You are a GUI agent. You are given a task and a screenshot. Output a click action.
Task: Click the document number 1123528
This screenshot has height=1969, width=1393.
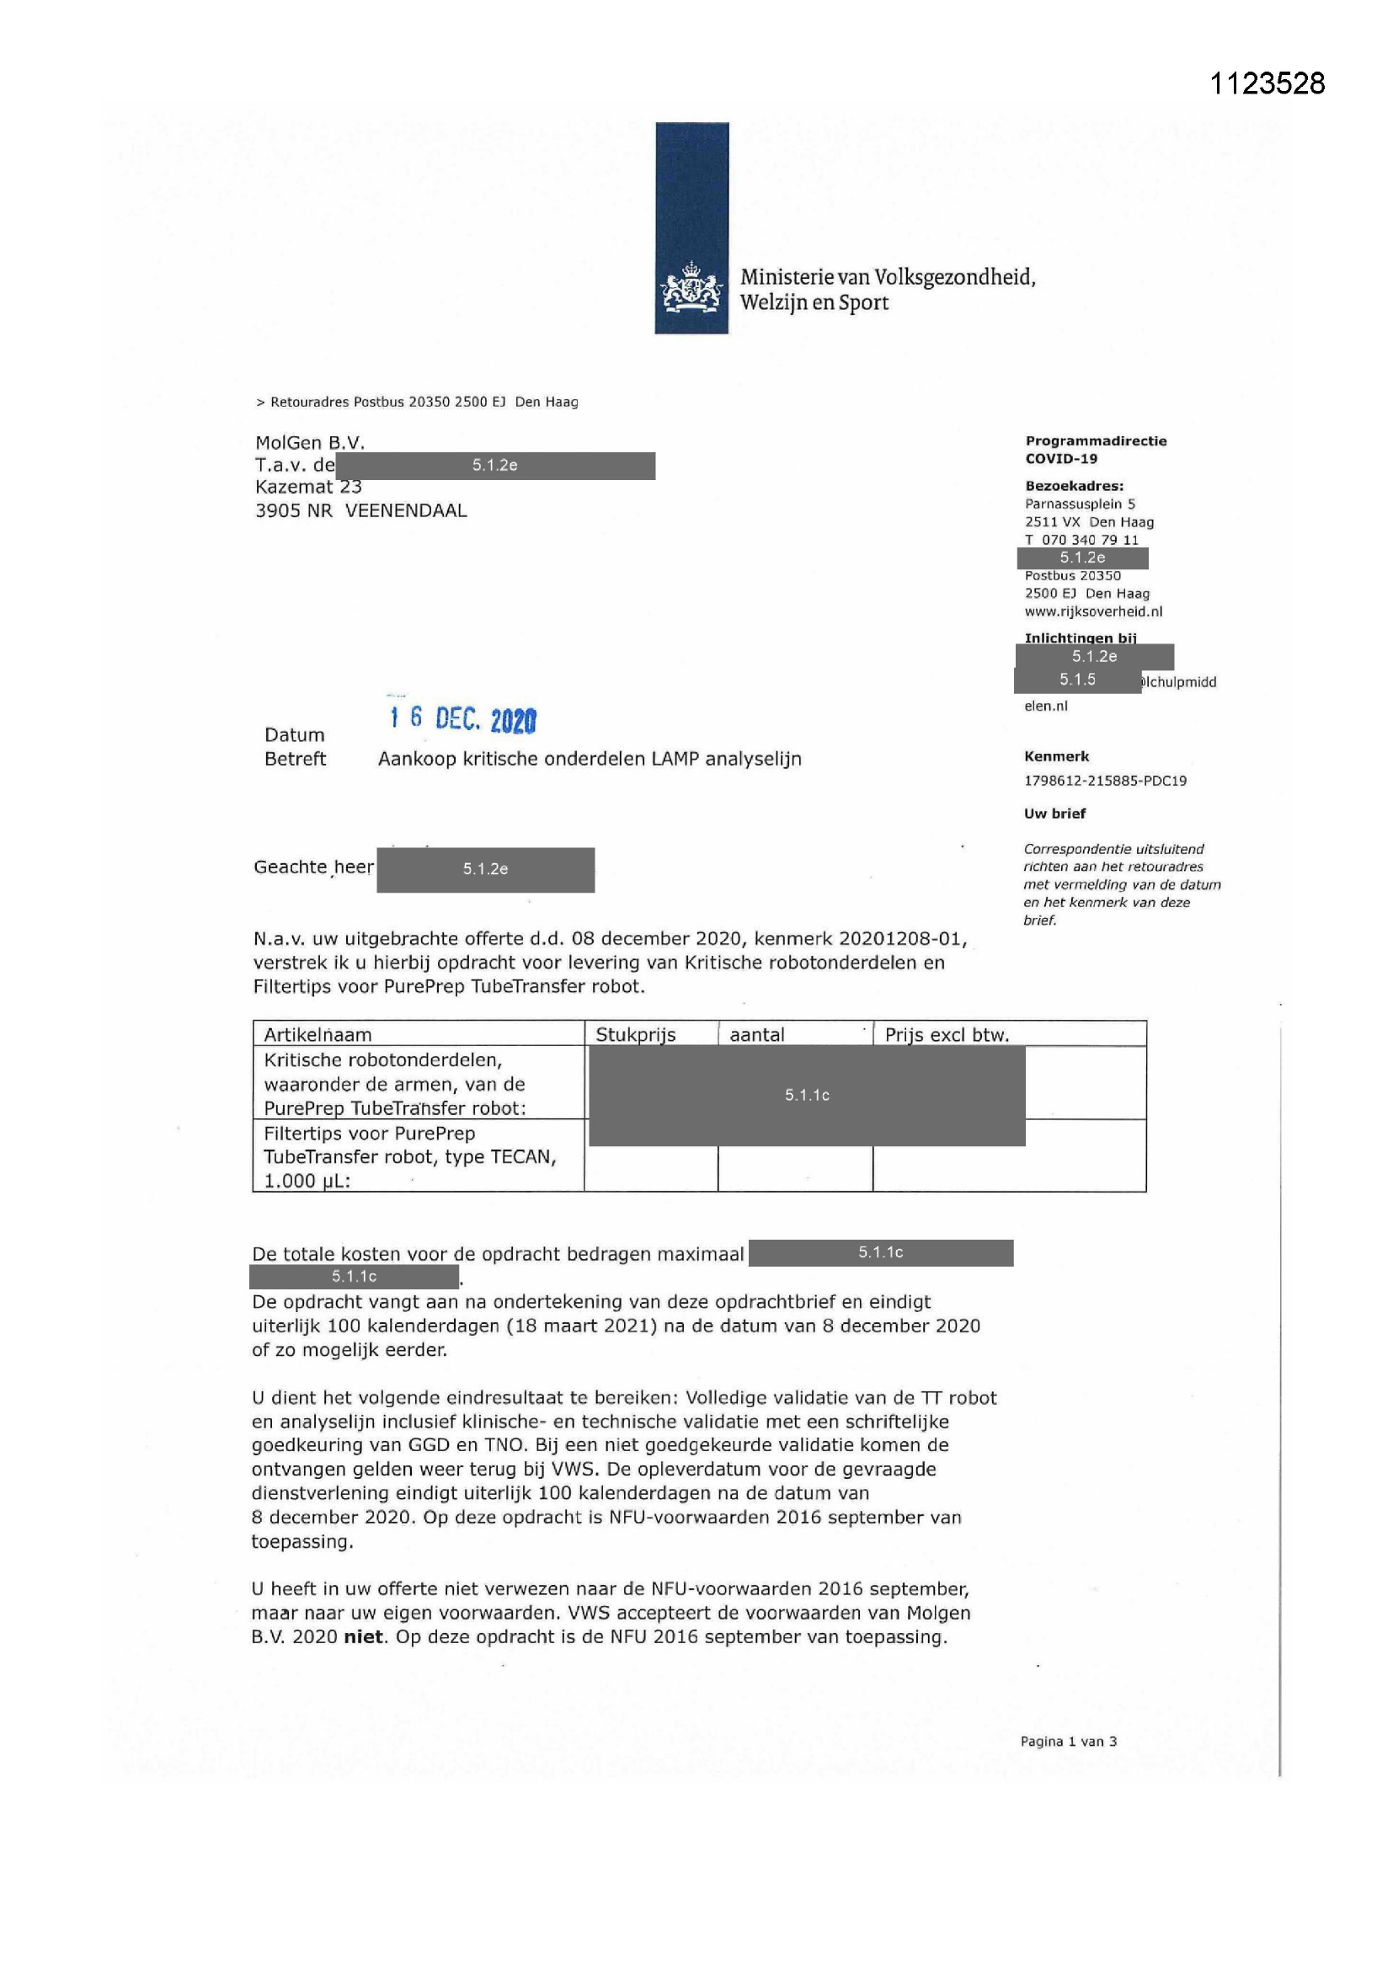point(1267,83)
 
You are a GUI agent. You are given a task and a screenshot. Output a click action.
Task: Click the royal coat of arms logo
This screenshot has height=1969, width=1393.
point(691,289)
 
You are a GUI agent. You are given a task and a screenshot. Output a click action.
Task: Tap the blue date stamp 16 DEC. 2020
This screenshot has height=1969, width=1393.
point(462,718)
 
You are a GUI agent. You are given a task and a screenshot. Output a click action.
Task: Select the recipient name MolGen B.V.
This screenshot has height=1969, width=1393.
point(310,442)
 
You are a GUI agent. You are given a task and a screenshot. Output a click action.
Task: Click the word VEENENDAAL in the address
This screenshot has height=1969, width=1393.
point(406,510)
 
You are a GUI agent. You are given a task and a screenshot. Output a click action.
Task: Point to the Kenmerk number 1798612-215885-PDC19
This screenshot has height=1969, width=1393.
point(1105,781)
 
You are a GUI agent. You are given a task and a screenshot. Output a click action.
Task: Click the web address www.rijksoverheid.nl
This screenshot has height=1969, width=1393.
point(1094,611)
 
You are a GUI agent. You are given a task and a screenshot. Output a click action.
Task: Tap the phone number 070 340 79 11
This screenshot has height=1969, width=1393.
point(1089,540)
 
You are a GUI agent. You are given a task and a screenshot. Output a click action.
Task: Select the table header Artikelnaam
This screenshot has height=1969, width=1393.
point(318,1034)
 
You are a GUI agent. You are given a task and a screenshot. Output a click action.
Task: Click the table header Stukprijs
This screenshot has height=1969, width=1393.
point(636,1034)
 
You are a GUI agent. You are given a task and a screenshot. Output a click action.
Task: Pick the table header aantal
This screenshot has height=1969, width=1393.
point(756,1034)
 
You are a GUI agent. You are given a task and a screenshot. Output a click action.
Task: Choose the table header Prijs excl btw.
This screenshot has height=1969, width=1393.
point(946,1034)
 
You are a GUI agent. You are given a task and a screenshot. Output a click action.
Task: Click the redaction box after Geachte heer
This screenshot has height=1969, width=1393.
point(485,870)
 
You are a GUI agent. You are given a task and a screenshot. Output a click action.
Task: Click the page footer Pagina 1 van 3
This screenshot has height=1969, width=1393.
point(1068,1741)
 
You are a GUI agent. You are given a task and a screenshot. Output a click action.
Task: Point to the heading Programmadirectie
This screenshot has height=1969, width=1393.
point(1096,440)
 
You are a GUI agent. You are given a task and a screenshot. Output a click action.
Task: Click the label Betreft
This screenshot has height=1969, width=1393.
point(295,759)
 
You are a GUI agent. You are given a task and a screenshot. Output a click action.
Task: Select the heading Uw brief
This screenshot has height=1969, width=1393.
point(1054,813)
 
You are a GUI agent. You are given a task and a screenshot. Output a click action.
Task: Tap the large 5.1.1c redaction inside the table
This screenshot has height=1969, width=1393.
point(806,1095)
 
